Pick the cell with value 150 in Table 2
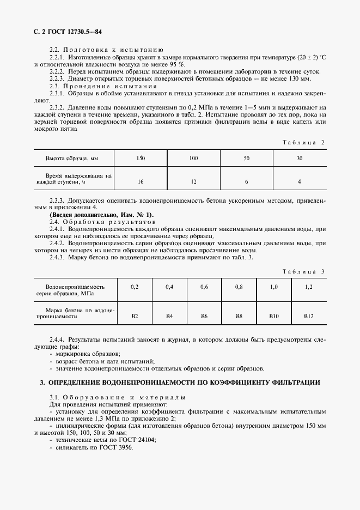[141, 158]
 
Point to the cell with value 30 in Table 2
[299, 158]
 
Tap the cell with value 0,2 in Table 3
[135, 287]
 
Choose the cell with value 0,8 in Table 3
[239, 287]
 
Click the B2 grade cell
[135, 315]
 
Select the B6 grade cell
[204, 315]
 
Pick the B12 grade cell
[309, 315]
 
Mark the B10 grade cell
[274, 315]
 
